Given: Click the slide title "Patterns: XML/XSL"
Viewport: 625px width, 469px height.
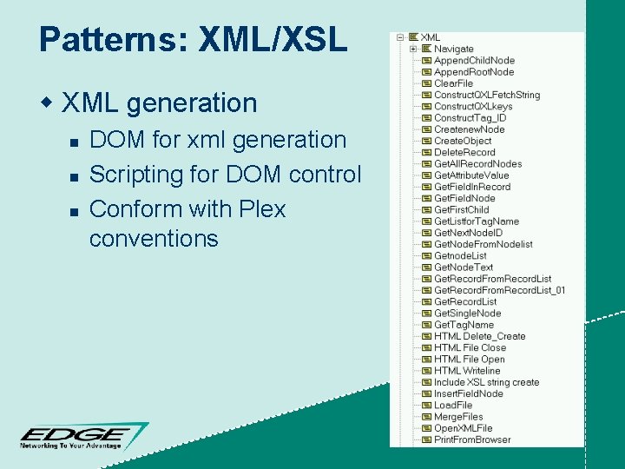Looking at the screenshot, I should tap(193, 39).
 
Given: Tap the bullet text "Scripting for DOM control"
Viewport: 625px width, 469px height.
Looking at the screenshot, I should tap(224, 175).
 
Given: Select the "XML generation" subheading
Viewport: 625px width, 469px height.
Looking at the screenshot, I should tap(160, 103).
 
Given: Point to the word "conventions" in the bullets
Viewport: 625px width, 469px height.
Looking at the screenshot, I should tap(154, 239).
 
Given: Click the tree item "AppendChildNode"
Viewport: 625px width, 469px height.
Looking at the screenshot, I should tap(474, 61).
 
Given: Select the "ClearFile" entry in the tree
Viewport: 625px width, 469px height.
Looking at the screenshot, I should tap(453, 83).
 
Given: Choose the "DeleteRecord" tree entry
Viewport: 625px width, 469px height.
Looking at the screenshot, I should tap(464, 152).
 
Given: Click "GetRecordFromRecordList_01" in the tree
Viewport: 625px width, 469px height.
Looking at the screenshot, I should tap(499, 290).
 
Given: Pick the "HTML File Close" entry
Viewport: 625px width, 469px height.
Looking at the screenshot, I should tap(470, 347).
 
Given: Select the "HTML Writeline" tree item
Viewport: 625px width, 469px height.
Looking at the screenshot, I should tap(467, 371).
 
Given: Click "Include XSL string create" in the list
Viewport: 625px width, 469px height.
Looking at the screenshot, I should tap(486, 382).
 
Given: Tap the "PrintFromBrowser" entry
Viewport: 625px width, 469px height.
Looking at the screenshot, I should tap(472, 439).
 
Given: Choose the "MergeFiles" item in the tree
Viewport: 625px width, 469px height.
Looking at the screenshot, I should tap(458, 417).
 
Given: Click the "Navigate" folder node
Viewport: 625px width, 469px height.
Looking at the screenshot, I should tap(454, 50).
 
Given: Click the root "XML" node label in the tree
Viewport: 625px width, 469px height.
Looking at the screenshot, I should tap(431, 37).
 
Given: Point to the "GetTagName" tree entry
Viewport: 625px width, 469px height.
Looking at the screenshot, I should tap(464, 325).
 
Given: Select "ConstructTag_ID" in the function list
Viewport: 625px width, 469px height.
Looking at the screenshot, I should tap(470, 118).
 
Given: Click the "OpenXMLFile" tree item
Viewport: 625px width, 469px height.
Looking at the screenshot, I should tap(463, 428).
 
